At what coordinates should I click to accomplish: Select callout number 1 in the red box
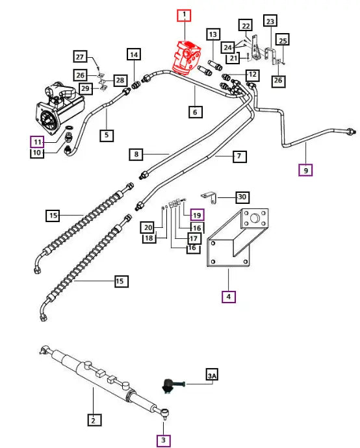[185, 15]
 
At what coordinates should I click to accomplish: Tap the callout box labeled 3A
[212, 376]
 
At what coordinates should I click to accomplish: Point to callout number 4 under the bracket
[228, 297]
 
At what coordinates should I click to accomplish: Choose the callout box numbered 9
[305, 171]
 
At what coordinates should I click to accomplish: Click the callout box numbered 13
[212, 34]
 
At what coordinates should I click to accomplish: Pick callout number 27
[97, 56]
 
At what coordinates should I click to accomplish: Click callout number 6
[194, 112]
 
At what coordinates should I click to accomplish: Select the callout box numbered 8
[136, 155]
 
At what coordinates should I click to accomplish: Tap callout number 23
[270, 20]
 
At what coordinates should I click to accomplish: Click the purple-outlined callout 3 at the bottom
[164, 440]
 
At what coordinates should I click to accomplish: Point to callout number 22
[244, 25]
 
